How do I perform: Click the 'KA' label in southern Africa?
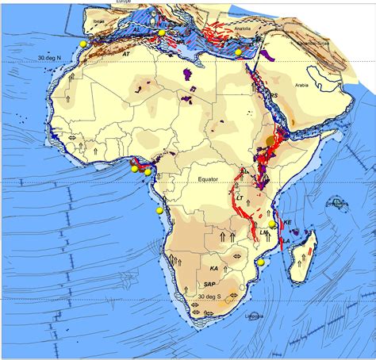click(x=213, y=269)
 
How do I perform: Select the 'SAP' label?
click(x=209, y=284)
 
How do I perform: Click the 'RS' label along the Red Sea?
click(x=274, y=96)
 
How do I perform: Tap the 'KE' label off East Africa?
click(x=288, y=223)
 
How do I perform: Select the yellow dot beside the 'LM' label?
click(x=273, y=224)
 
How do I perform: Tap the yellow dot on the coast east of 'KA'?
click(x=261, y=262)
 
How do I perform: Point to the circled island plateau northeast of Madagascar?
click(x=340, y=204)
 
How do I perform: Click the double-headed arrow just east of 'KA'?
click(x=236, y=257)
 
